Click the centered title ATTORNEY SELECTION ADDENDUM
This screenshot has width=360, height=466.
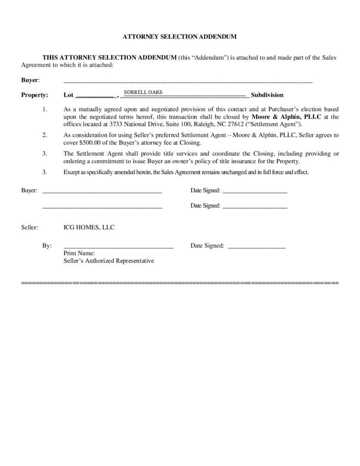tap(180, 36)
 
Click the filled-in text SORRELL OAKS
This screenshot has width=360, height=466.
tap(143, 92)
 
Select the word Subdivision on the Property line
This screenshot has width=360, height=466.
tap(267, 95)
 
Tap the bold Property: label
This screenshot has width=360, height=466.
tap(35, 95)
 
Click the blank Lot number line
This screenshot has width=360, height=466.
tap(94, 96)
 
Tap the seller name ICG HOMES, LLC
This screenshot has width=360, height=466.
tap(89, 228)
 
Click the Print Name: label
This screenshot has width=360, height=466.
tap(79, 253)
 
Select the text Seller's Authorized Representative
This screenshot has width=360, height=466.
tap(109, 261)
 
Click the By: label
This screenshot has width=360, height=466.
tap(47, 246)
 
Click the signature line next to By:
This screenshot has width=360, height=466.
tap(118, 247)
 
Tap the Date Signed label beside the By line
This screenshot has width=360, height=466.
tap(207, 246)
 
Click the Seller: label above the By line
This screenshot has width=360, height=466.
tap(30, 228)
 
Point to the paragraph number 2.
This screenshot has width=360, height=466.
tap(45, 135)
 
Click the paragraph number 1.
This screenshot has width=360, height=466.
tap(45, 110)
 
